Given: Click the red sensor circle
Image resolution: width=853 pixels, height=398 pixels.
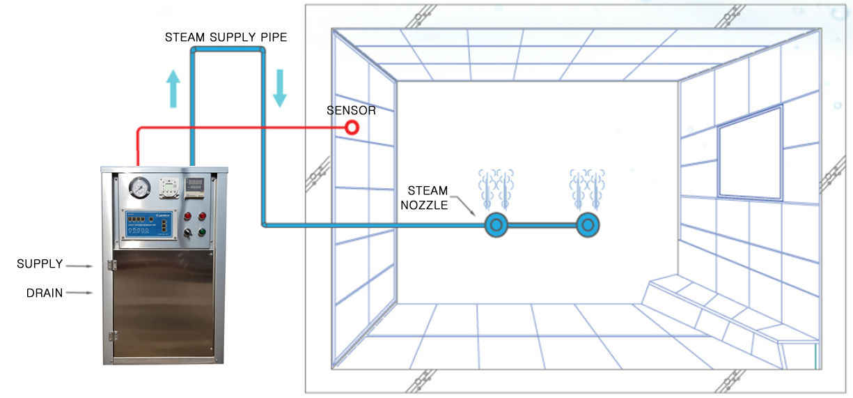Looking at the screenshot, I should pos(352,128).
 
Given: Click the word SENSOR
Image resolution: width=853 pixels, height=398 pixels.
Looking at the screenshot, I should pos(352,111).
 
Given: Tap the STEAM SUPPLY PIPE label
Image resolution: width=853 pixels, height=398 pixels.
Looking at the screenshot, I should pos(226,37).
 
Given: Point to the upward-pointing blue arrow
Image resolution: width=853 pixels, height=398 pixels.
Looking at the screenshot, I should pos(173,89).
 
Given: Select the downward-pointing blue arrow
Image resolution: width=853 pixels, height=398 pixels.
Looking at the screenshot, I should pos(279,87).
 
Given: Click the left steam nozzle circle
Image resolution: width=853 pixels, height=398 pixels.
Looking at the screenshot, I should pos(496,225).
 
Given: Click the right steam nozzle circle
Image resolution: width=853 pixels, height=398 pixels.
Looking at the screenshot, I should pos(588,225).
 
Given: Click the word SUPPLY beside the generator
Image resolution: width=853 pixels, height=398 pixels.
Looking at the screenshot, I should pos(40,264).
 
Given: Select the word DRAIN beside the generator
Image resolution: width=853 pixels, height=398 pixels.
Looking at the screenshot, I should pos(45,293).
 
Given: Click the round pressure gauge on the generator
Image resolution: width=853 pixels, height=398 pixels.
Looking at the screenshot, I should pos(140,188).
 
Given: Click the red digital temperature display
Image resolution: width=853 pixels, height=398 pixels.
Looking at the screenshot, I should pos(196,185).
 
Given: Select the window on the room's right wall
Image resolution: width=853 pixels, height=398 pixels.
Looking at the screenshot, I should pos(751,153).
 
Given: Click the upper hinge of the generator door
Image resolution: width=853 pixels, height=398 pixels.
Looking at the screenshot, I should pos(111,265).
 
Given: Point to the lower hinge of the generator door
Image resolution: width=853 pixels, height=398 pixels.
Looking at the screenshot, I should pos(111,336).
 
